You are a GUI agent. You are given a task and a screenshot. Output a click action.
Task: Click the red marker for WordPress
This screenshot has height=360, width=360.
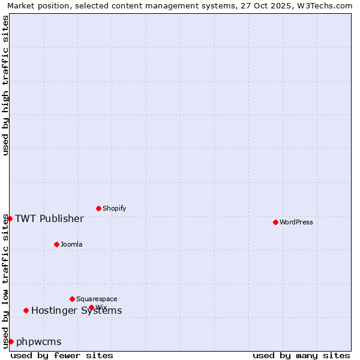tap(275, 222)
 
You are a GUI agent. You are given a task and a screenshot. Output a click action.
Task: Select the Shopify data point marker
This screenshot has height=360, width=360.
tap(99, 208)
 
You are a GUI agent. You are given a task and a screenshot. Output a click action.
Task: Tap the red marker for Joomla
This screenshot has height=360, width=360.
tap(56, 244)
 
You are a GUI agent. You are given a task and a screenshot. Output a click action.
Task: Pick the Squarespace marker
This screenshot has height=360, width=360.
tap(72, 299)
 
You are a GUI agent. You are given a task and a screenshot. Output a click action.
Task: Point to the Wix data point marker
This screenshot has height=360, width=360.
tap(91, 307)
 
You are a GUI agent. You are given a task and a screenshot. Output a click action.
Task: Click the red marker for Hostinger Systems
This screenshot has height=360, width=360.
tap(26, 310)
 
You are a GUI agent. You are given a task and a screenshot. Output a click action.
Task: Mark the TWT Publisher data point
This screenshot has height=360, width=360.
tap(10, 218)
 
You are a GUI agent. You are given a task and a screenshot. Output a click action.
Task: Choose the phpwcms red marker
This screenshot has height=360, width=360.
tap(11, 341)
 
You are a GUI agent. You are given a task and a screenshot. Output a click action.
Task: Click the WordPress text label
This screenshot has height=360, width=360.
tap(296, 222)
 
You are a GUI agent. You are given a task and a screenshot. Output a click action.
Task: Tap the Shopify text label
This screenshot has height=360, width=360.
tap(115, 208)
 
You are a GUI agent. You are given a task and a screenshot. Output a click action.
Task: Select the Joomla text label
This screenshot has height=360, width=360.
tap(71, 244)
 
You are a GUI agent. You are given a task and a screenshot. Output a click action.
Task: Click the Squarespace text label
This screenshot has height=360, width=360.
tap(97, 299)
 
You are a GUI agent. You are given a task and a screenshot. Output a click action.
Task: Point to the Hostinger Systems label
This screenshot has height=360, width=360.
tap(77, 310)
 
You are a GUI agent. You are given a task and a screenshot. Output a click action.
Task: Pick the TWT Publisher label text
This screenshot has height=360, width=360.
tap(49, 218)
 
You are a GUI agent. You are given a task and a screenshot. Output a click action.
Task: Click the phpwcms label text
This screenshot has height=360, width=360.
tap(39, 341)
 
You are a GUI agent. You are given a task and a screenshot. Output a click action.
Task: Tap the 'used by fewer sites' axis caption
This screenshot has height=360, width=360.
tap(62, 355)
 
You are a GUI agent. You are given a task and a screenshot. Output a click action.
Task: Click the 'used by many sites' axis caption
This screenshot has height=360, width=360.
tap(301, 355)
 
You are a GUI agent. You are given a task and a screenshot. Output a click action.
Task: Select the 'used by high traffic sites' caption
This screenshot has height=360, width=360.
tap(5, 85)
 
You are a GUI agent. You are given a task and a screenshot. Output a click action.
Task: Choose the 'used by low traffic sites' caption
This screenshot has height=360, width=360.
tap(5, 281)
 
